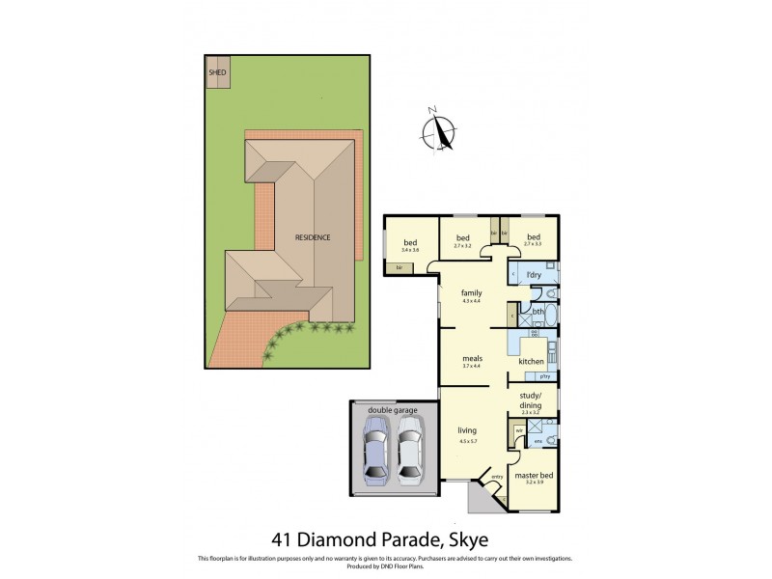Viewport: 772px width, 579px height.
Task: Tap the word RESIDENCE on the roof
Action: click(313, 236)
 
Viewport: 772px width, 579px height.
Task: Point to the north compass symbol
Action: click(442, 131)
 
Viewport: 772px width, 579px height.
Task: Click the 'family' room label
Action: click(471, 292)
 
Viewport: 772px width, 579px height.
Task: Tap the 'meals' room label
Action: click(471, 358)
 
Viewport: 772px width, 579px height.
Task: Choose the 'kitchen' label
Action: click(532, 361)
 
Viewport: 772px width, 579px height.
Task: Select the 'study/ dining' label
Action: click(532, 400)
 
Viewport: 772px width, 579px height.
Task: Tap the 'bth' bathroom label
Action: click(538, 312)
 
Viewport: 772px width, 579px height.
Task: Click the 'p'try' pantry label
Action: click(545, 376)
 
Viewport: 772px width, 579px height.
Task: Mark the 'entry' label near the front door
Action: click(498, 477)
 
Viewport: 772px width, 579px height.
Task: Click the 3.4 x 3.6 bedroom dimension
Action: click(410, 249)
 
